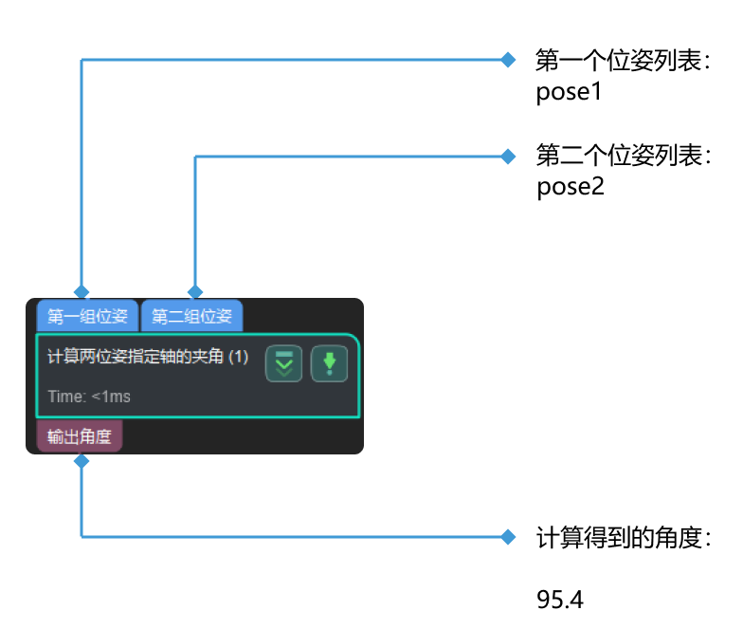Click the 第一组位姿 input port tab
pyautogui.click(x=87, y=316)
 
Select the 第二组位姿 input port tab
pyautogui.click(x=192, y=316)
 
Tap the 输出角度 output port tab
pyautogui.click(x=80, y=437)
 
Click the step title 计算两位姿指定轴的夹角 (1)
pyautogui.click(x=147, y=357)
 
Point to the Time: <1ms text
pyautogui.click(x=89, y=397)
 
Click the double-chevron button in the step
pyautogui.click(x=284, y=364)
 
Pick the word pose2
pyautogui.click(x=571, y=187)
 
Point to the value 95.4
pyautogui.click(x=560, y=600)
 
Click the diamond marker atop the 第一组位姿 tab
pyautogui.click(x=82, y=291)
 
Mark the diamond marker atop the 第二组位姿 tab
pyautogui.click(x=195, y=291)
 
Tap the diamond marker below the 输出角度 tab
pyautogui.click(x=82, y=461)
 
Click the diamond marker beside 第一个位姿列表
pyautogui.click(x=507, y=60)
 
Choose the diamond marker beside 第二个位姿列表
pyautogui.click(x=507, y=156)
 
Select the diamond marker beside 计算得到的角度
pyautogui.click(x=507, y=538)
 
